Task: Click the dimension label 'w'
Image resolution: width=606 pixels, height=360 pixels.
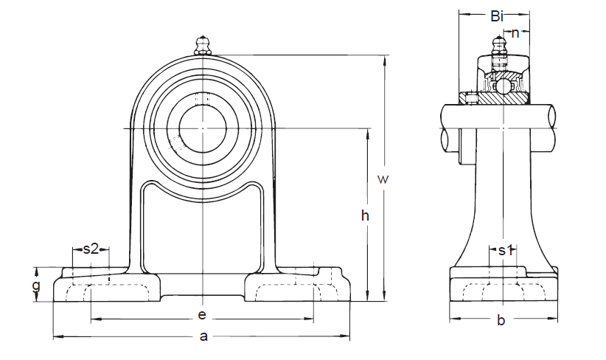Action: coord(382,179)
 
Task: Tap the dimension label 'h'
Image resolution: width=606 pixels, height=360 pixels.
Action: coord(364,215)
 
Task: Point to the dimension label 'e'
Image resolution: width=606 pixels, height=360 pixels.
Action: coord(201,315)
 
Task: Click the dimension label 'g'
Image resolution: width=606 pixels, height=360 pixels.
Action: coord(37,285)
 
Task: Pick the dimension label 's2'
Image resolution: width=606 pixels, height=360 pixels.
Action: coord(90,249)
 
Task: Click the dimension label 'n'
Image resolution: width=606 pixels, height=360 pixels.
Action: coord(515,32)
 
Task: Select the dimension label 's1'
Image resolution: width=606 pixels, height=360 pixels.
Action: coord(505,250)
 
